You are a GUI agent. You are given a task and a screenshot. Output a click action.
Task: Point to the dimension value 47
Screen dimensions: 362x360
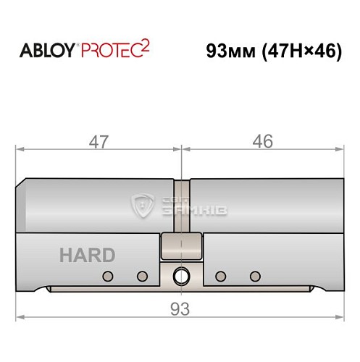pos(98,142)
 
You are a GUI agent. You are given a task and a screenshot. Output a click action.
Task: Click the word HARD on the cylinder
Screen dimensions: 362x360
pos(87,255)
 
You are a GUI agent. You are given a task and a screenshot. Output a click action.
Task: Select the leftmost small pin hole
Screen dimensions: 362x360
pos(109,275)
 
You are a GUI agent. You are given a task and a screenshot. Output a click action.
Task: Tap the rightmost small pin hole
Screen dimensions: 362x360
pos(254,275)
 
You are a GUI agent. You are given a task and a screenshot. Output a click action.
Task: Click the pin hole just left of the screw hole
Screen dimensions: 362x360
pos(142,275)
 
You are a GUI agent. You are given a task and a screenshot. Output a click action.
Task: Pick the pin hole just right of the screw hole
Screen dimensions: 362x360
pos(220,275)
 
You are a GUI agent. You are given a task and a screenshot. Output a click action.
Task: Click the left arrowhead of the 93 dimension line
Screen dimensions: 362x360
pos(20,317)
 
